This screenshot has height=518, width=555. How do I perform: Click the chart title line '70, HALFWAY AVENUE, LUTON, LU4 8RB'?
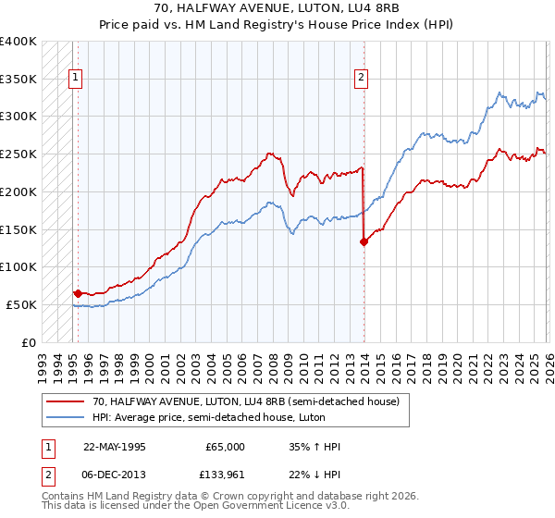277,8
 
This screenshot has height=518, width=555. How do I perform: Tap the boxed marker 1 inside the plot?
75,79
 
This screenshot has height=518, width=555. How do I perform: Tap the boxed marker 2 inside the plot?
361,79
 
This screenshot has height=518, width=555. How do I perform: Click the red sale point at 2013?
364,241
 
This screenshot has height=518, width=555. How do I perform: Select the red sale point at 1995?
78,293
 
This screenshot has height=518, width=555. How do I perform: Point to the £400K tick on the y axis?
18,42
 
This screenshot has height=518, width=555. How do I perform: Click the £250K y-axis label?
18,154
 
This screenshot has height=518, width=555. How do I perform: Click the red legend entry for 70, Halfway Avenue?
245,401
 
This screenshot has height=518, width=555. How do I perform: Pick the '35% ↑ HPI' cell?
314,447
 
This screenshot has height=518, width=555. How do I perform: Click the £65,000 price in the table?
225,447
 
